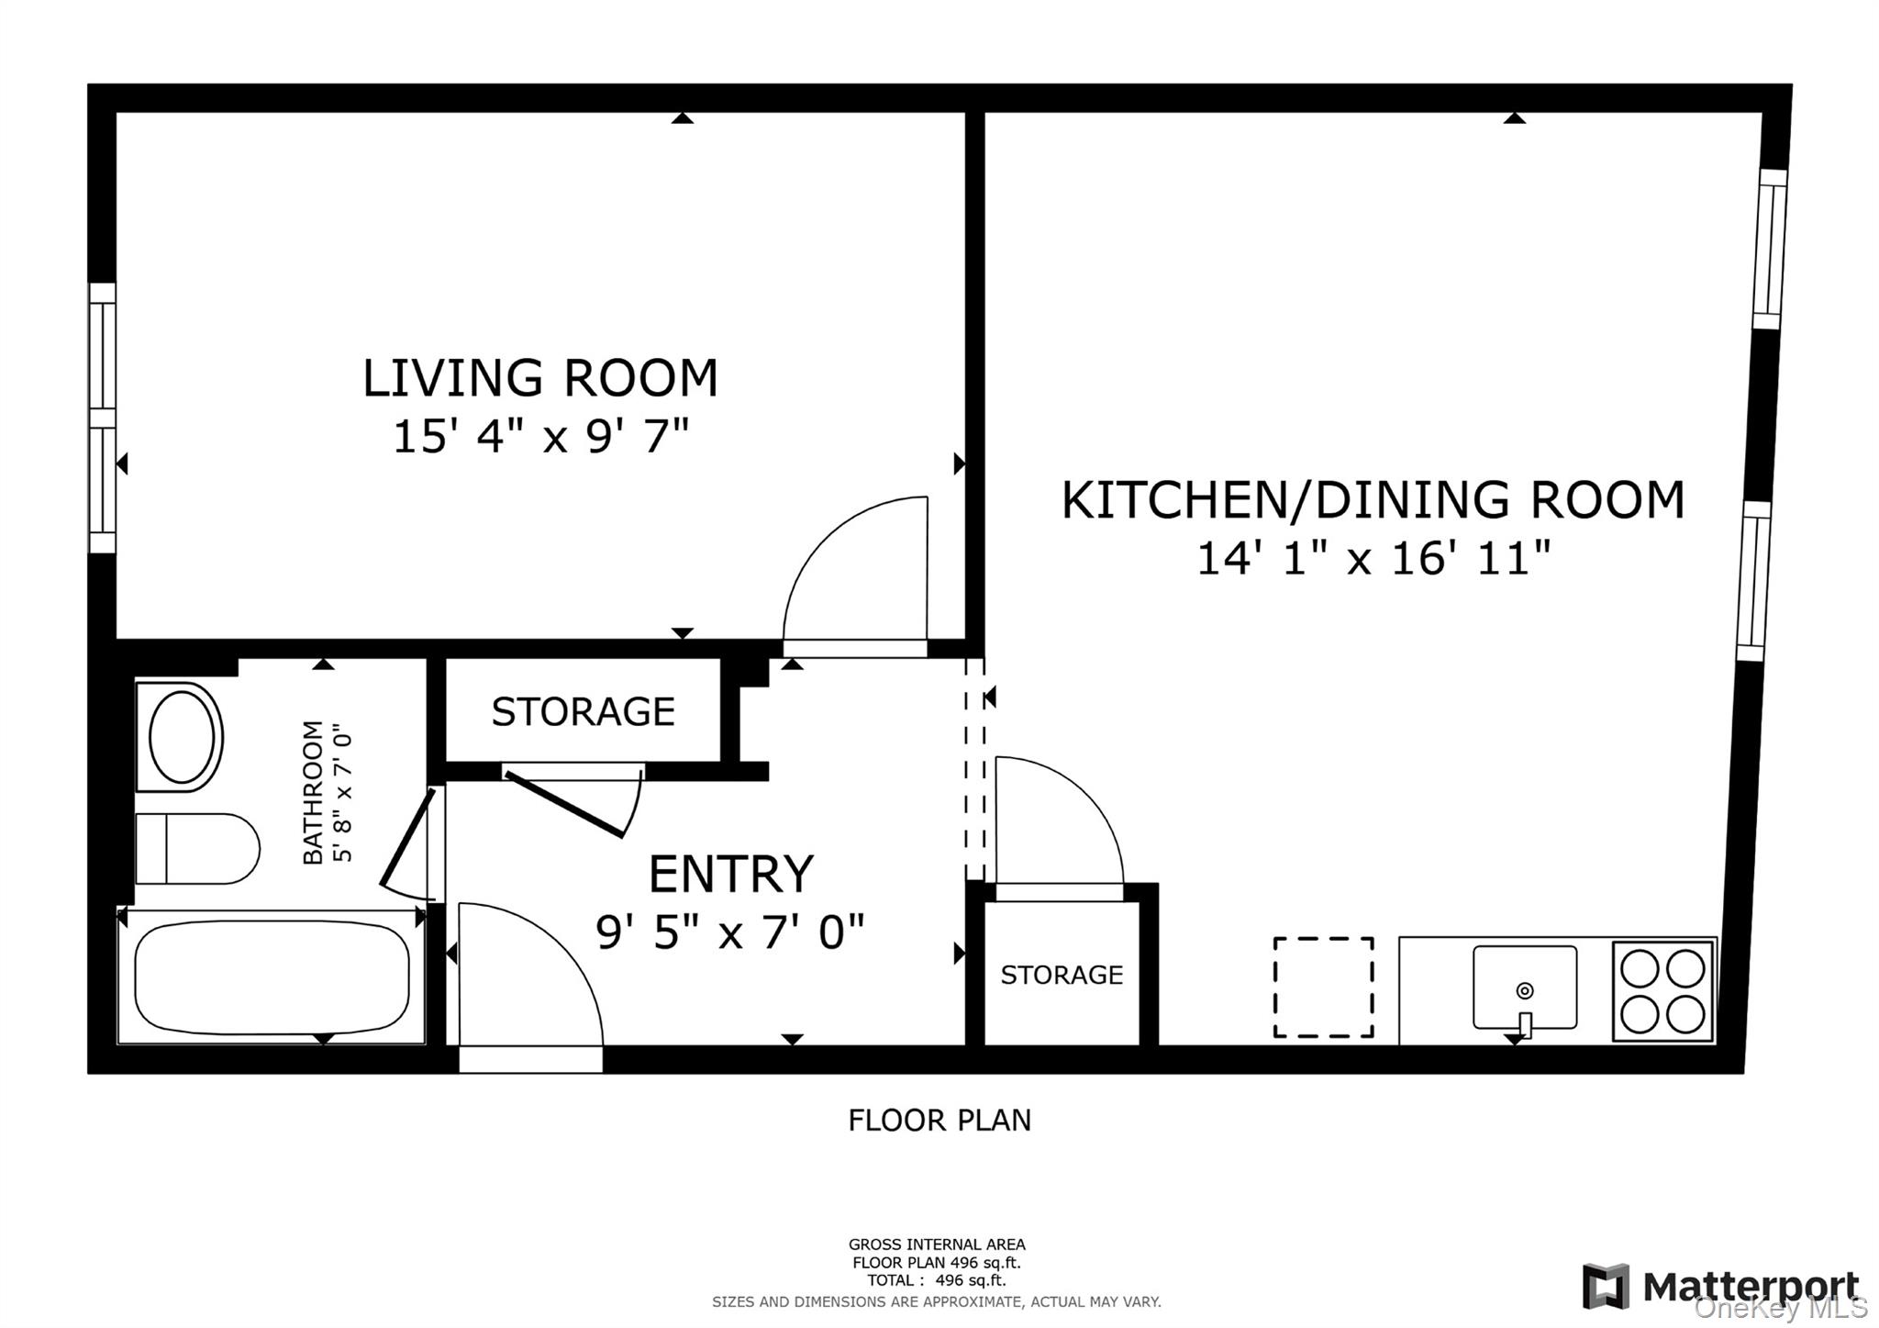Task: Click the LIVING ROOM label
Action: point(539,378)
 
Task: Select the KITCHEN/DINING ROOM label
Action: point(1373,500)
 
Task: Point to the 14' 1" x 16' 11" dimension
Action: point(1373,558)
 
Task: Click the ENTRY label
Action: point(730,874)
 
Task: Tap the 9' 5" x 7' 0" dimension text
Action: point(730,932)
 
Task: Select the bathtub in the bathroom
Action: point(272,978)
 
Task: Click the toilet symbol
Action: point(198,849)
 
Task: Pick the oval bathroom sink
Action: point(183,737)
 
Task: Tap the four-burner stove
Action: point(1662,991)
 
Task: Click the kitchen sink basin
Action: point(1524,988)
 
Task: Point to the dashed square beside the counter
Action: point(1323,988)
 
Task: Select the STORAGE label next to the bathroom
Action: point(583,711)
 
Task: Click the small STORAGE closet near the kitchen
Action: point(1062,975)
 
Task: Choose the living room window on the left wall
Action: point(102,418)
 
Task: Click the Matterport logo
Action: point(1720,1286)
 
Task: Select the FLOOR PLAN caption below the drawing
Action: point(939,1121)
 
